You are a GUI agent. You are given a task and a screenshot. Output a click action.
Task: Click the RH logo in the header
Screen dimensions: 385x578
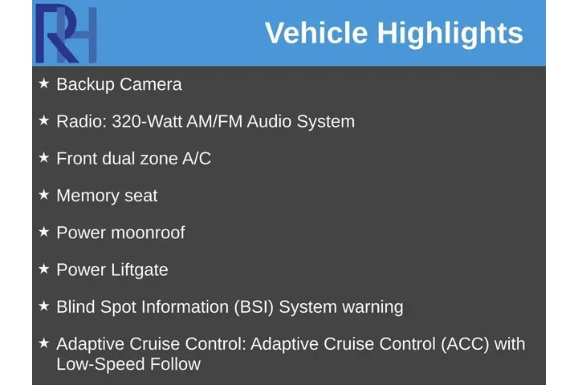coord(66,34)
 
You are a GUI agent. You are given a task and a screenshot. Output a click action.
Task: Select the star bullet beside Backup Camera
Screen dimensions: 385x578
coord(44,83)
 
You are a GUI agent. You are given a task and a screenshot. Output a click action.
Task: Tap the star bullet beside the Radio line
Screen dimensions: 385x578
coord(44,120)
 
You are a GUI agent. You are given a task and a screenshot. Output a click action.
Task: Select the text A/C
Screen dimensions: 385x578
coord(197,159)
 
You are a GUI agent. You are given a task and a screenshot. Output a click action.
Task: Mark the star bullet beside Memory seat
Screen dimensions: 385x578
coord(44,195)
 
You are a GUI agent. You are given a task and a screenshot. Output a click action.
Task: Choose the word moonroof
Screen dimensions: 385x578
coord(148,233)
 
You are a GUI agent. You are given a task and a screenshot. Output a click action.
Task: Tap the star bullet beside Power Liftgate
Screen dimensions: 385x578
coord(44,269)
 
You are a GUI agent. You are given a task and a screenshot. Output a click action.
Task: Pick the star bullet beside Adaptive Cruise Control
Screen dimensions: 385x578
coord(44,343)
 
